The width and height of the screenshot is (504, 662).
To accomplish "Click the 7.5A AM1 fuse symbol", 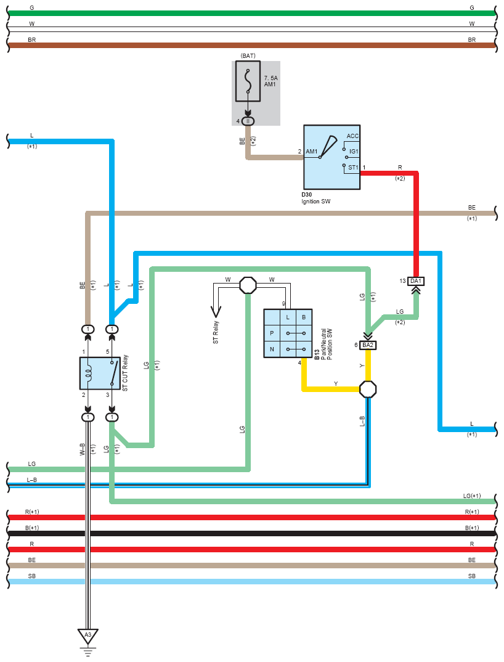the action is pos(248,81).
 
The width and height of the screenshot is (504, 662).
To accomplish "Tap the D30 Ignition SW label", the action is pos(315,198).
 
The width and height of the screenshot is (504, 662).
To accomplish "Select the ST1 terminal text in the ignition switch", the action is pos(353,168).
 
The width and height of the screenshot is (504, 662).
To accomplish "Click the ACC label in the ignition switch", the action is pos(352,136).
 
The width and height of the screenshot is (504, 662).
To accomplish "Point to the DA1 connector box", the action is pos(416,280).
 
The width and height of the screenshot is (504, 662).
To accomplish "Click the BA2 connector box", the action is pos(368,345).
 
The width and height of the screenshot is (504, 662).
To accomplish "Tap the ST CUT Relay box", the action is pos(100,373).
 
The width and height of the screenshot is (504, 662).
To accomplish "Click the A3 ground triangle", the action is pos(87,636).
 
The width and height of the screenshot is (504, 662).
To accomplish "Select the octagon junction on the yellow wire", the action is pos(368,389).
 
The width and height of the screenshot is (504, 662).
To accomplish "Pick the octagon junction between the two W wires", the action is pos(248,285).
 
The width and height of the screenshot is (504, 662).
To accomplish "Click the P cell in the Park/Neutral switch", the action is pos(272,333).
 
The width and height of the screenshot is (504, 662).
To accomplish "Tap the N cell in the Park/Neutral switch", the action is pos(272,349).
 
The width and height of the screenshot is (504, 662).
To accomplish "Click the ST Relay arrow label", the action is pos(216,332).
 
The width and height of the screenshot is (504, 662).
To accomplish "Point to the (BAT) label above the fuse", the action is pos(248,55).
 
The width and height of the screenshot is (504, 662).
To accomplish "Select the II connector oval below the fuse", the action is pos(248,121).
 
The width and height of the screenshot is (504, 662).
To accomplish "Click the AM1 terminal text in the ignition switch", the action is pos(312,151).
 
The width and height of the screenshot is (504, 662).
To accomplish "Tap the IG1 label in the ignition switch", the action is pos(354,151).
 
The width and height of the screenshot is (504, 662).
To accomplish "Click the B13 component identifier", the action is pos(317,354).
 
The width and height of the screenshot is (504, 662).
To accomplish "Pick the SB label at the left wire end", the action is pos(31,576).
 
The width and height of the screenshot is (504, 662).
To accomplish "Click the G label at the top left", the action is pos(31,7).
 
